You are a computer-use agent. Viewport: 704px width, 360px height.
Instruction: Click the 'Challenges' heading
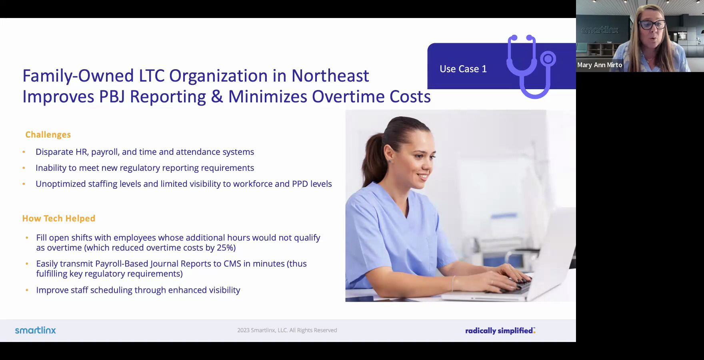click(x=48, y=135)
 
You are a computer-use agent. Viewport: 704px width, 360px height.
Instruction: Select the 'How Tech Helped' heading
click(x=59, y=218)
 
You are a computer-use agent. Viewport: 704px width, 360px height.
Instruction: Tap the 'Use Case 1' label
click(x=463, y=69)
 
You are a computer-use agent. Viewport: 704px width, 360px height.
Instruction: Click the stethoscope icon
click(x=530, y=66)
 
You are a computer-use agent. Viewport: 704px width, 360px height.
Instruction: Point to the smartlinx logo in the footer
click(x=36, y=330)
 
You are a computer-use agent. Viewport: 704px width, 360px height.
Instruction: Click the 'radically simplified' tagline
click(x=500, y=331)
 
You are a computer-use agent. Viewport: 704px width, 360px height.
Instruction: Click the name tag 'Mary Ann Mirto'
click(x=600, y=65)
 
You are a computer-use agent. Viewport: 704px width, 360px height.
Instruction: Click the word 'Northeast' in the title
click(x=330, y=76)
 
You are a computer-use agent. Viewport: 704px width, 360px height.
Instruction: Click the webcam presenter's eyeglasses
click(x=652, y=25)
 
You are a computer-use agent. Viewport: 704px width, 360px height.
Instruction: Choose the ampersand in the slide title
click(x=216, y=97)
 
